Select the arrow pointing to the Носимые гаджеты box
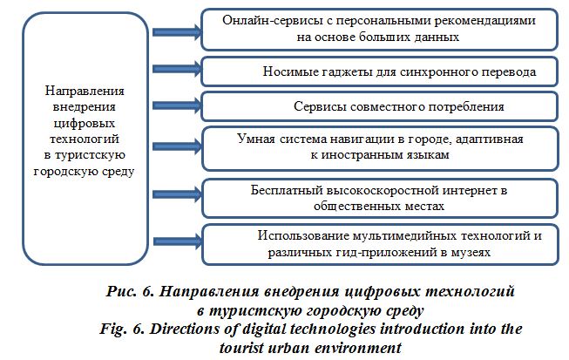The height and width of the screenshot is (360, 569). coord(177,69)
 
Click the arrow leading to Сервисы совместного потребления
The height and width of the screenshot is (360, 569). coord(177,105)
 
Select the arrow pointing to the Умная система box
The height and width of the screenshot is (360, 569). coord(177,146)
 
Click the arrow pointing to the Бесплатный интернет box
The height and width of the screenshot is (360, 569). coord(177,194)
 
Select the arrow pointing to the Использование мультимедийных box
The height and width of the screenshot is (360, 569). coord(178,241)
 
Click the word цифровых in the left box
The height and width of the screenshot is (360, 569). coord(85,123)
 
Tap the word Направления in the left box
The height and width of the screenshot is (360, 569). coord(85,91)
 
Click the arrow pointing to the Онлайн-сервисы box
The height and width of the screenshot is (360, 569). coord(177,32)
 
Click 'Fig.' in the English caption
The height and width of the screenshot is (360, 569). coord(113,329)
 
